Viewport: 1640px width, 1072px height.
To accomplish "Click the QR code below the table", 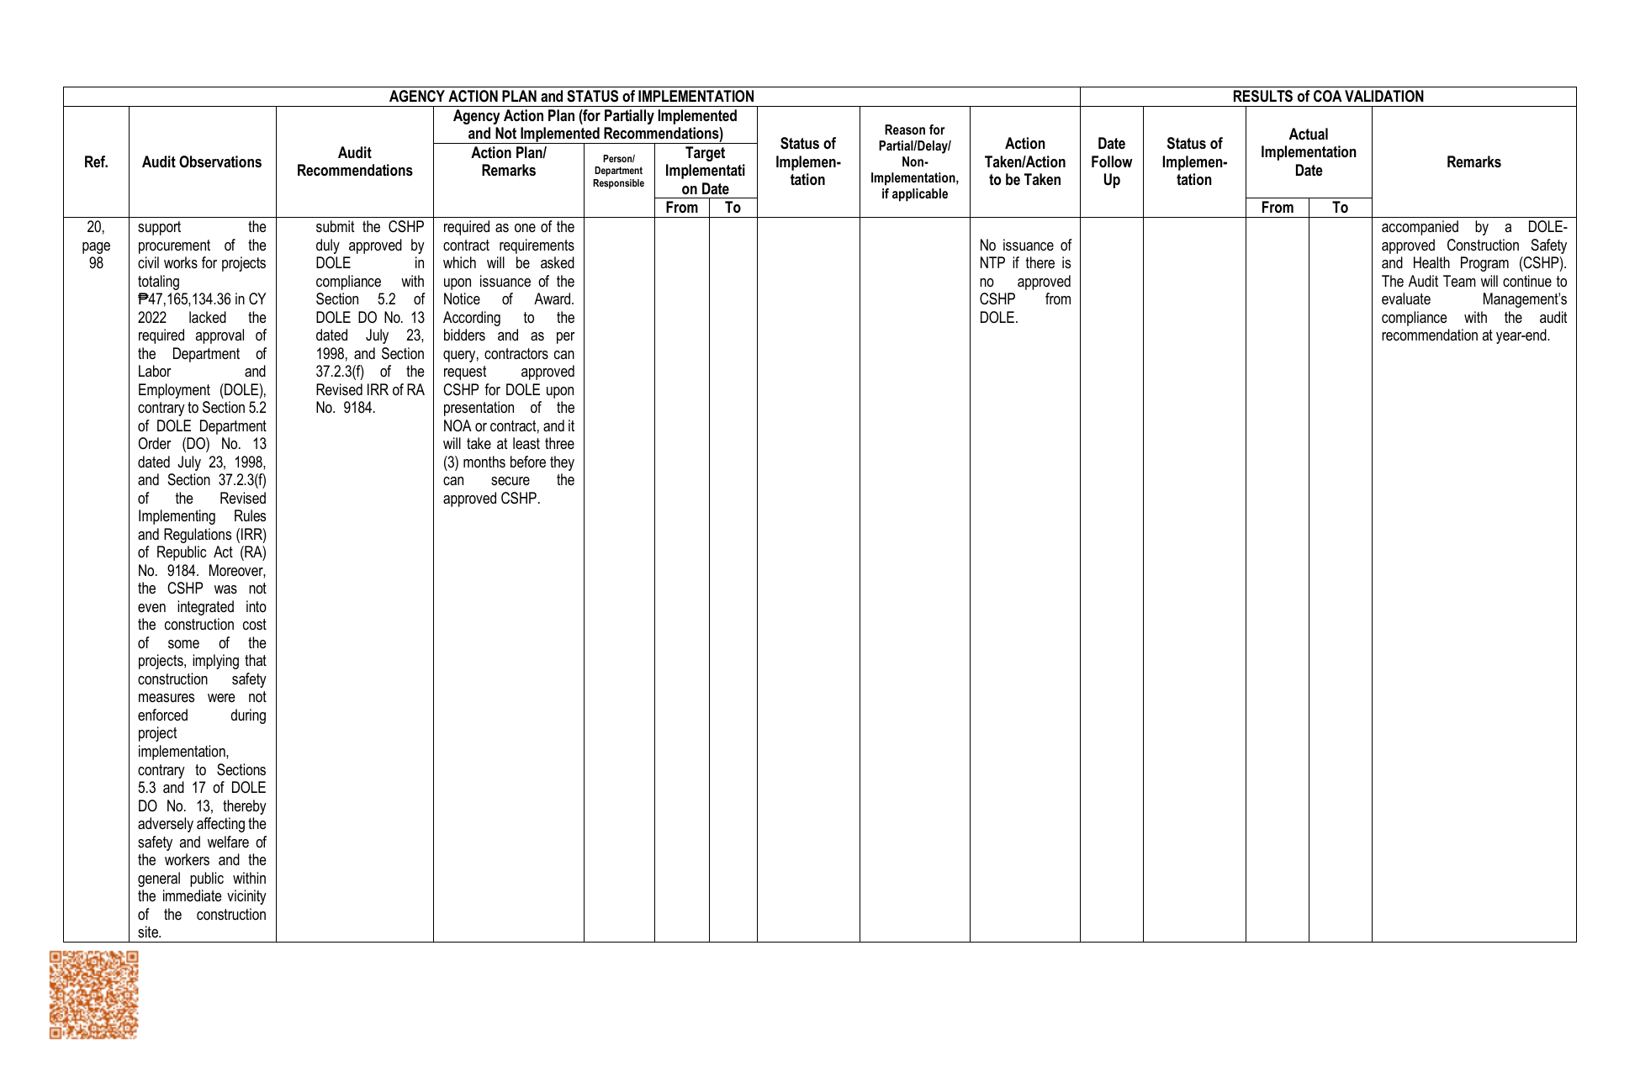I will [x=93, y=995].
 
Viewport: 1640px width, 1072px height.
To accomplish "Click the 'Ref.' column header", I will [x=96, y=162].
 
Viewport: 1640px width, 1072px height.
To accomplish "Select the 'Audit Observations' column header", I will [x=202, y=162].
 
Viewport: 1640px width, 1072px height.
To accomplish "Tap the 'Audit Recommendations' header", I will [x=354, y=162].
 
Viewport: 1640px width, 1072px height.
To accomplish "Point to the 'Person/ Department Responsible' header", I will [x=618, y=172].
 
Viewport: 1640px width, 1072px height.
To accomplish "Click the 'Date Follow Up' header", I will [x=1111, y=162].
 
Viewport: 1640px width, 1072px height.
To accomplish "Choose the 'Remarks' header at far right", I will [x=1473, y=162].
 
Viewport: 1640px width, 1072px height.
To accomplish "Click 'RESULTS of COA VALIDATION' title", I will [x=1327, y=97].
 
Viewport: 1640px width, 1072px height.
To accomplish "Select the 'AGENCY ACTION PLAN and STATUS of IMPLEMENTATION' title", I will [x=571, y=97].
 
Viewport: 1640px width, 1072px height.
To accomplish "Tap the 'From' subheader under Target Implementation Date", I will [x=681, y=208].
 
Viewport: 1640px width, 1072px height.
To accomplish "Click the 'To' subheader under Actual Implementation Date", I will [x=1340, y=208].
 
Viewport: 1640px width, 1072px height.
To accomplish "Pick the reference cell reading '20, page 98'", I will [x=96, y=245].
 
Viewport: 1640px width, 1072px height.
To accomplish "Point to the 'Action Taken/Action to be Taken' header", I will [x=1024, y=162].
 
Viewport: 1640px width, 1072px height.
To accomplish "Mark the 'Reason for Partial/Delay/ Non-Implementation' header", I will [x=914, y=162].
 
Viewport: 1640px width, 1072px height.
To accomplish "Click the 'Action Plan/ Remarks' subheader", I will [x=508, y=162].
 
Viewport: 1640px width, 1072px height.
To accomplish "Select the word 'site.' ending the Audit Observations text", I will [x=150, y=932].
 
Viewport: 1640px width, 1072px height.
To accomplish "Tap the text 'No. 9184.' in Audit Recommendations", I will [x=346, y=409].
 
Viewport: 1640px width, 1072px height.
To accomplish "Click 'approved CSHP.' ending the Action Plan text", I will [x=491, y=499].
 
